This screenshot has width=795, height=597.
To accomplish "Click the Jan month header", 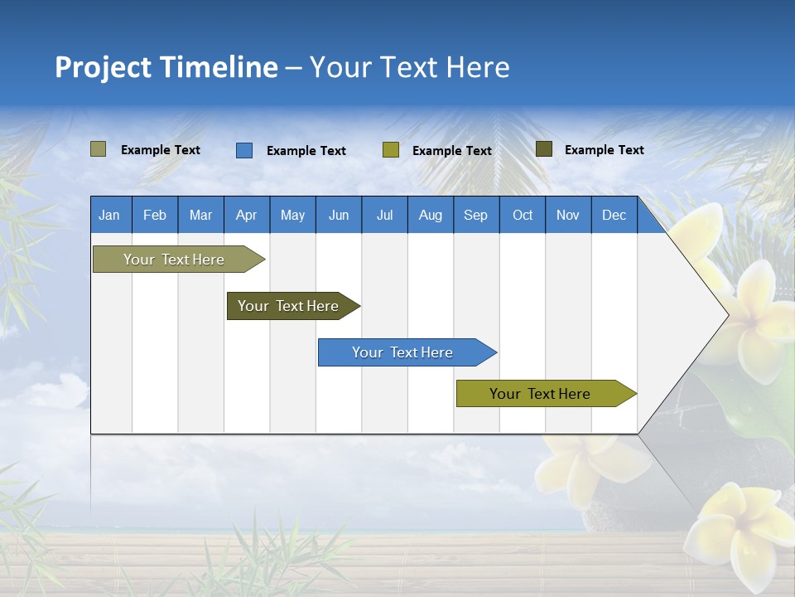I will click(109, 215).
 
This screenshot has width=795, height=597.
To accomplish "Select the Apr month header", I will click(246, 215).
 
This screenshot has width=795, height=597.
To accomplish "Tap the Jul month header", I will click(384, 215).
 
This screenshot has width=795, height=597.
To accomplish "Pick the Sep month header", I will click(475, 215).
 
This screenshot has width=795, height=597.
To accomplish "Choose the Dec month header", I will click(614, 215).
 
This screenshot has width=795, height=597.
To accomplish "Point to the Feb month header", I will click(155, 215).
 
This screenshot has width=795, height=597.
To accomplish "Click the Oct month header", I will click(523, 215).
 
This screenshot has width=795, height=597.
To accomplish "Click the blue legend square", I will click(244, 150).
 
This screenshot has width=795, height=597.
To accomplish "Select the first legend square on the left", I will click(99, 149).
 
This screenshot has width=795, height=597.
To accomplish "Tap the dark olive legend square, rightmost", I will click(544, 149).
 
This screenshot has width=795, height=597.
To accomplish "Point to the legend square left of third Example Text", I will click(391, 150).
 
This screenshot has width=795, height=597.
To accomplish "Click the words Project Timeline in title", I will click(166, 67).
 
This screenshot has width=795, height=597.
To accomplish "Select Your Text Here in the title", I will click(409, 67).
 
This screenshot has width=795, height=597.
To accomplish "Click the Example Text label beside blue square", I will click(306, 151).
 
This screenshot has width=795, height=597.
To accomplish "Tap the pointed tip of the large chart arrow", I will click(726, 315).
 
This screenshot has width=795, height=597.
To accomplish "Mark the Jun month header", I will click(339, 215).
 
